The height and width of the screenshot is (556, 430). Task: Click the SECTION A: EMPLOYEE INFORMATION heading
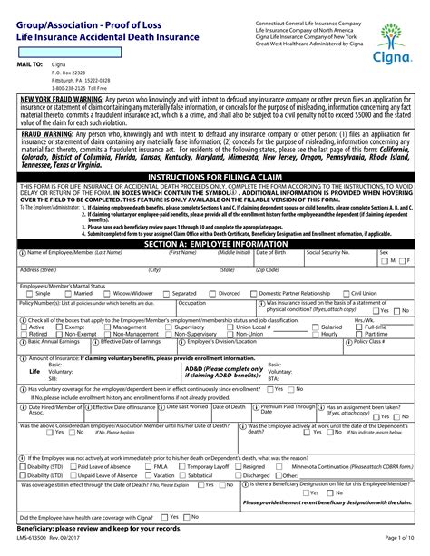click(215, 244)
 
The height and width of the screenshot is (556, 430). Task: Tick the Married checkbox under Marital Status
click(70, 294)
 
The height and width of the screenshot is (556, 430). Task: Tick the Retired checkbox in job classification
click(23, 334)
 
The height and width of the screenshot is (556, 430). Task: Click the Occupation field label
click(192, 302)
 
